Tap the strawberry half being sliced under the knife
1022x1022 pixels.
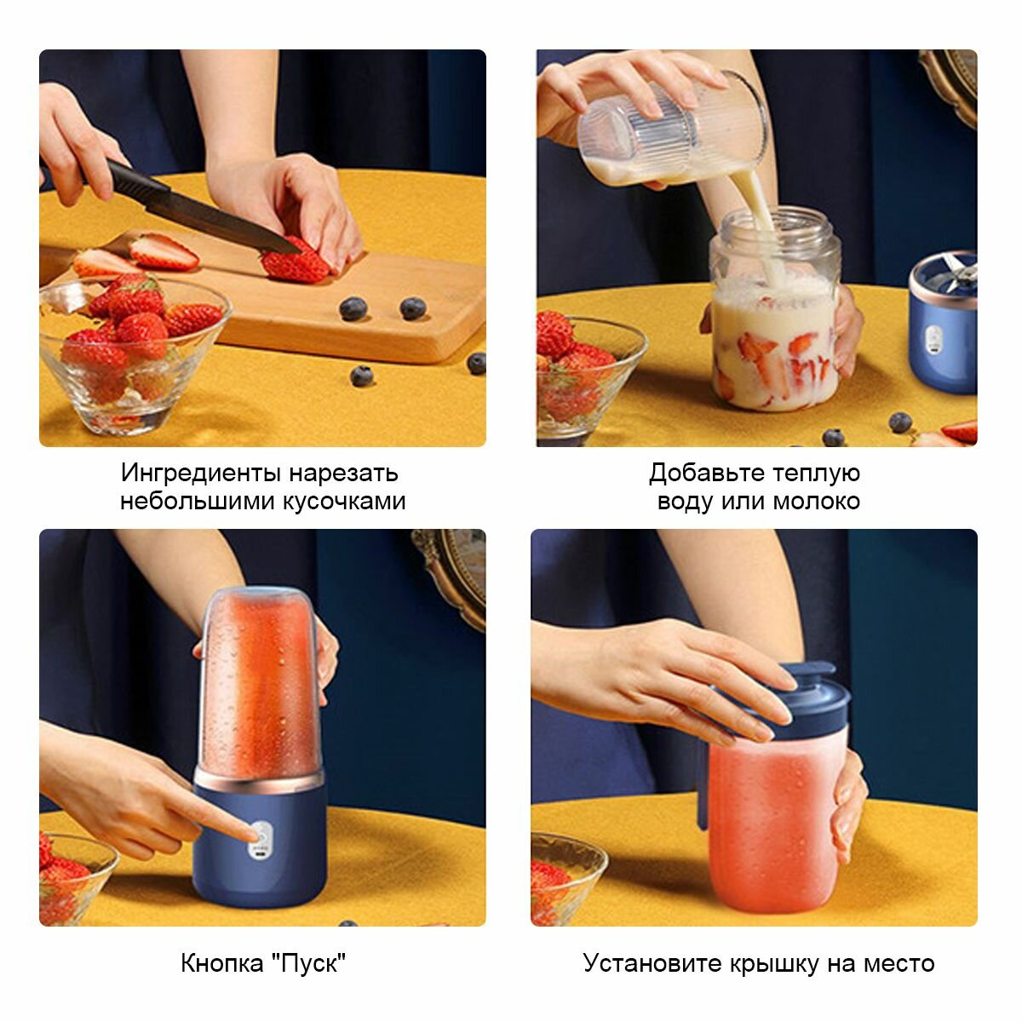[295, 263]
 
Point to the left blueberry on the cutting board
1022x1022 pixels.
[353, 308]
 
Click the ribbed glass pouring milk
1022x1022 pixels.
[674, 130]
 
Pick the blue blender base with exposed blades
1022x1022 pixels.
[943, 324]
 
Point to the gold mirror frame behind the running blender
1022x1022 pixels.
[453, 578]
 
